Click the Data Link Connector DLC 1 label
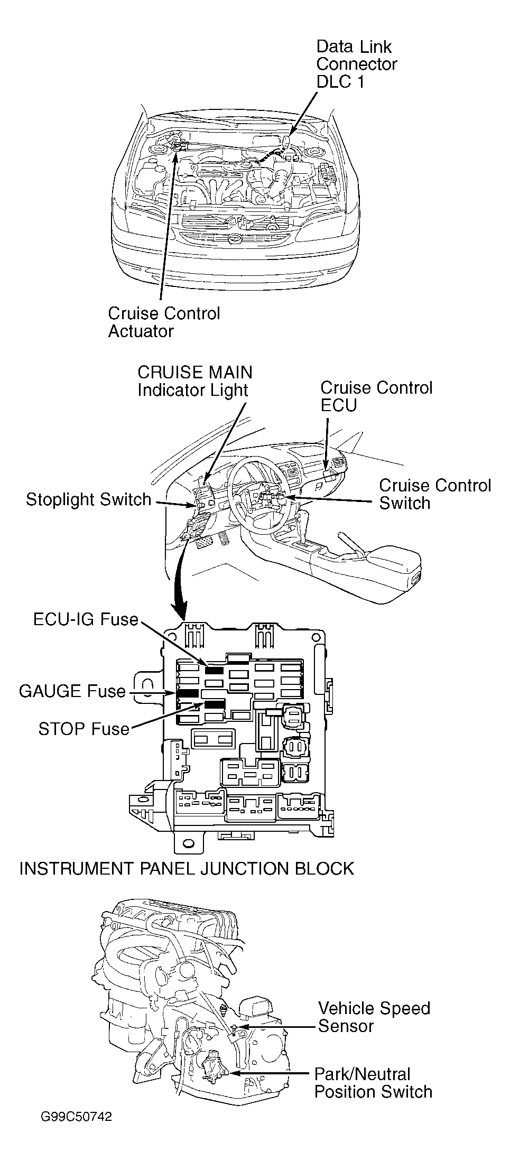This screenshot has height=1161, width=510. coord(356,64)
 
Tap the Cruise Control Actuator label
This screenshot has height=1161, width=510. coord(164,322)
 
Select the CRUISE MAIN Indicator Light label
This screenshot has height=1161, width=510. coord(194,381)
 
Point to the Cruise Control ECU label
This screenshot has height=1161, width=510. coord(376,396)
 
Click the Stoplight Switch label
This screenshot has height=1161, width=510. coord(89,499)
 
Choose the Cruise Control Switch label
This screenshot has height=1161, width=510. coord(435,494)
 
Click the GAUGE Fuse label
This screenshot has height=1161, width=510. coord(72,691)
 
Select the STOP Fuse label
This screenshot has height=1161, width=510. coord(84,729)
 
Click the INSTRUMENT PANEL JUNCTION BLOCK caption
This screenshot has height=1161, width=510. coord(187,868)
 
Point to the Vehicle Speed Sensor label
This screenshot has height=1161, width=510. coord(374,1017)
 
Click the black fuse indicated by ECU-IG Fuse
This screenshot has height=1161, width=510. coord(214,670)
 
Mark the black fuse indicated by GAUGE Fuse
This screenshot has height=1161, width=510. coord(188,693)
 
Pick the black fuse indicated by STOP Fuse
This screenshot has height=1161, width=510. coord(215,704)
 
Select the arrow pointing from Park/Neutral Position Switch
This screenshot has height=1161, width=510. coord(267,1073)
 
